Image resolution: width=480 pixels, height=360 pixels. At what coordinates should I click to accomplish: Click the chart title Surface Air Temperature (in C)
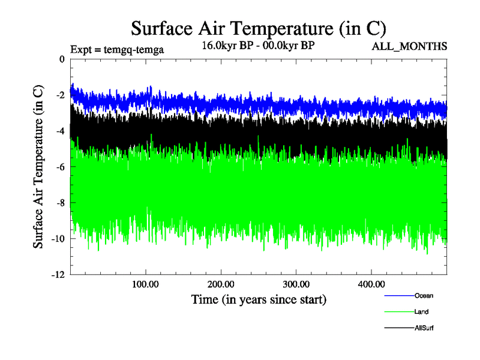tap(258, 28)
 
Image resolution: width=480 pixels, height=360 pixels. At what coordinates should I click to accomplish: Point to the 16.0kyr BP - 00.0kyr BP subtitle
tap(258, 46)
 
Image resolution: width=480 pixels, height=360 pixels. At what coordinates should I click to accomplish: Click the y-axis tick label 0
tap(61, 59)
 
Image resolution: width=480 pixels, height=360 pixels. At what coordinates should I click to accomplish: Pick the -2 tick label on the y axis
tap(59, 95)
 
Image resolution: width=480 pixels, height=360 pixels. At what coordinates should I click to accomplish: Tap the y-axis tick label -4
tap(59, 131)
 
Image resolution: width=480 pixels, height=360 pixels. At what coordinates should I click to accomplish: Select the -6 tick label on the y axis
tap(59, 167)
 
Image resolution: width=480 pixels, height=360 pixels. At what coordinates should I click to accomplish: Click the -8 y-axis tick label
tap(59, 203)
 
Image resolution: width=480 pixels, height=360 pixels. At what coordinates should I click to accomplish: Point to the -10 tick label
tap(57, 239)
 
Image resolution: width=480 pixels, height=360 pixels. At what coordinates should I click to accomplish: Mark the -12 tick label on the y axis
tap(57, 275)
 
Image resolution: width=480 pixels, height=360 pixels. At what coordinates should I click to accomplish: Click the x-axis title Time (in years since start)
tap(259, 298)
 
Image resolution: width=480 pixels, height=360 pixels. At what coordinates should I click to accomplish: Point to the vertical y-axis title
tap(38, 167)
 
